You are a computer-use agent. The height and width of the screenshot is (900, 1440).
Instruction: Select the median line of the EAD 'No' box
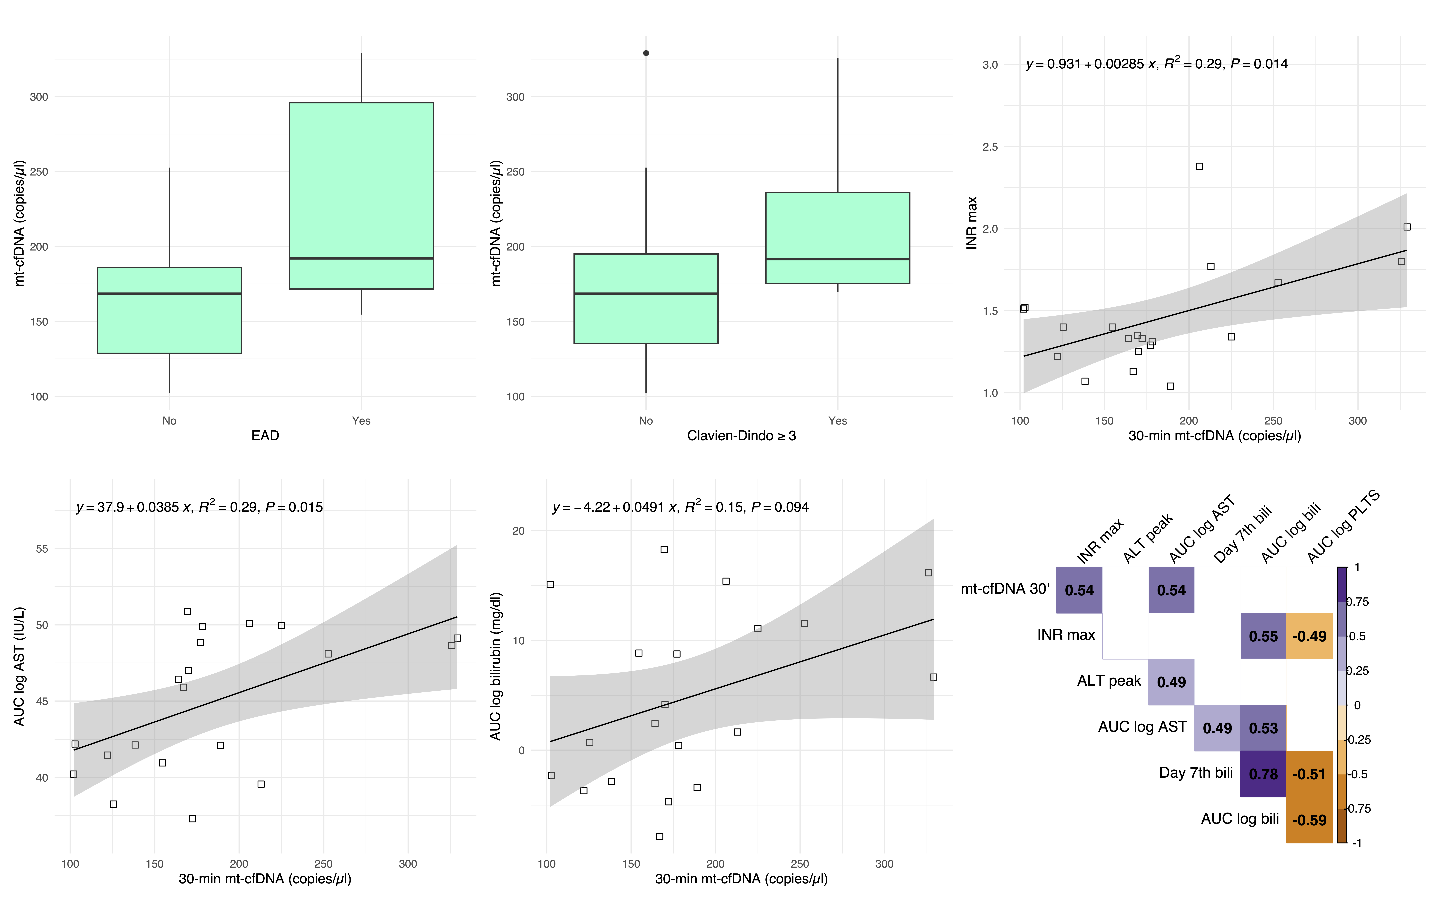click(x=170, y=293)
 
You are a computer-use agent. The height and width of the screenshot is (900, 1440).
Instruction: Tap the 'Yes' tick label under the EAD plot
click(x=361, y=421)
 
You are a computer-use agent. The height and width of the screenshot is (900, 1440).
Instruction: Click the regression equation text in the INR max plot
click(x=1156, y=64)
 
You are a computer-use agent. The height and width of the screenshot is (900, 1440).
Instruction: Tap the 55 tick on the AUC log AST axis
click(x=42, y=549)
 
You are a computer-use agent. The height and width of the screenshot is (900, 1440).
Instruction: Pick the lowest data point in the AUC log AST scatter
click(x=192, y=819)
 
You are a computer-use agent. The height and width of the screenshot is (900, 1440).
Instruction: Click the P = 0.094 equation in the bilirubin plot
click(x=680, y=507)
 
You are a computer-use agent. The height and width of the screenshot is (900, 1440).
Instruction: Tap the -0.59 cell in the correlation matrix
click(x=1309, y=820)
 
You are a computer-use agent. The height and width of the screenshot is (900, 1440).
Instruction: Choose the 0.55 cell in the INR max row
click(x=1263, y=636)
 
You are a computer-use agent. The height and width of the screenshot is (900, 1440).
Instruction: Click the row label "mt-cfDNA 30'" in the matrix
click(x=1005, y=589)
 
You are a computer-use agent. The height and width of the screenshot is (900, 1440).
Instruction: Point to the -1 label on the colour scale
click(x=1357, y=843)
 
